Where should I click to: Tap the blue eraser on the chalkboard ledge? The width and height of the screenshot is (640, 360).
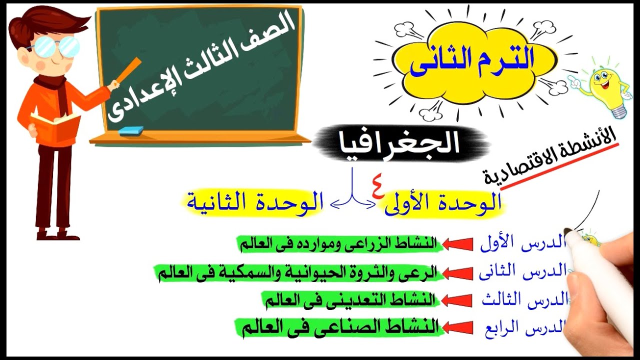coord(131,130)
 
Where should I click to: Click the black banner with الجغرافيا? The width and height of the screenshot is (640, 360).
coord(400,143)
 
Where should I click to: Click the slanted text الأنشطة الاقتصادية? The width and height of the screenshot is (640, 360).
coord(550,157)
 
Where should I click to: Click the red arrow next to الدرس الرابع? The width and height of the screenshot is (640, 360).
coord(457,327)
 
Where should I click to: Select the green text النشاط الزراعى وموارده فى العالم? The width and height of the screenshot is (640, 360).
coord(338,244)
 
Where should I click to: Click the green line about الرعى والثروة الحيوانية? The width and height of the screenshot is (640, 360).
coord(297,273)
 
